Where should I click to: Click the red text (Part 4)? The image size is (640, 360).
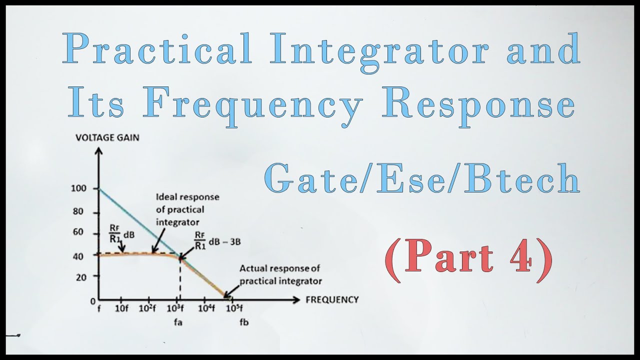(469, 259)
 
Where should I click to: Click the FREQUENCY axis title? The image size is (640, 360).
(331, 299)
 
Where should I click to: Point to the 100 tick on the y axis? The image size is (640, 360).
(78, 188)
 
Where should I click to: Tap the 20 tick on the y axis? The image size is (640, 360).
(81, 277)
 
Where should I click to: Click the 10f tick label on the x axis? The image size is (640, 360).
(122, 308)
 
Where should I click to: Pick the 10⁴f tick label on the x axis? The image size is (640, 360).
(206, 308)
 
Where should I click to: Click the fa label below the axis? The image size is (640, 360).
(178, 322)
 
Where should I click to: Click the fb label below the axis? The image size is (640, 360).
(244, 322)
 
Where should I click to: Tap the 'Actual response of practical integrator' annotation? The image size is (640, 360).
(280, 274)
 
